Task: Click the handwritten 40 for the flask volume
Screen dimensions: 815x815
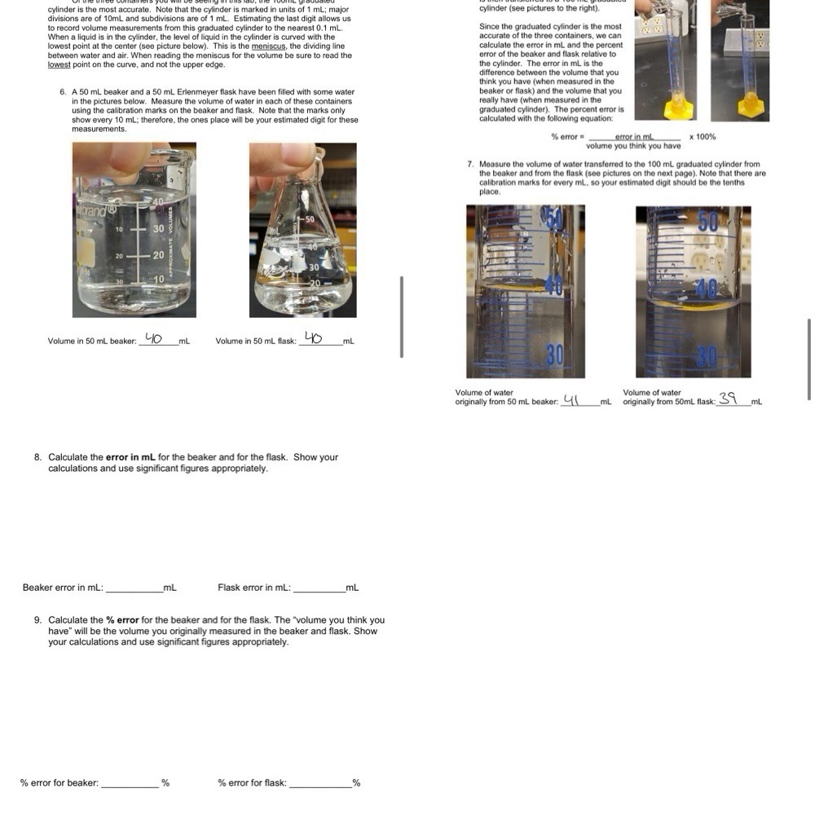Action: [313, 337]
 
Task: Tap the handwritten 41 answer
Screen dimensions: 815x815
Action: [572, 399]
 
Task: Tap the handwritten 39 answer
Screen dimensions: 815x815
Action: [728, 399]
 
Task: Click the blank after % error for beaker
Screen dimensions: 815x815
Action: [130, 783]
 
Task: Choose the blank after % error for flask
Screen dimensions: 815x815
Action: [320, 783]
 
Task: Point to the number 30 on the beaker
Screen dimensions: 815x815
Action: [159, 229]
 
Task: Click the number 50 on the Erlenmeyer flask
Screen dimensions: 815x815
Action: [310, 220]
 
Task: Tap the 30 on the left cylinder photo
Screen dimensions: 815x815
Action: [555, 355]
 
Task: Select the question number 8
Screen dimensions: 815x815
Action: [37, 457]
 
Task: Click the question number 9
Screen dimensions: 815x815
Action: [37, 620]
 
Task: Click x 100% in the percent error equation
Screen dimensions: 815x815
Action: [703, 137]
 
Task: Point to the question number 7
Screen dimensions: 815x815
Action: [470, 164]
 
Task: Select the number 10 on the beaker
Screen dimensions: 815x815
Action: [159, 280]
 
